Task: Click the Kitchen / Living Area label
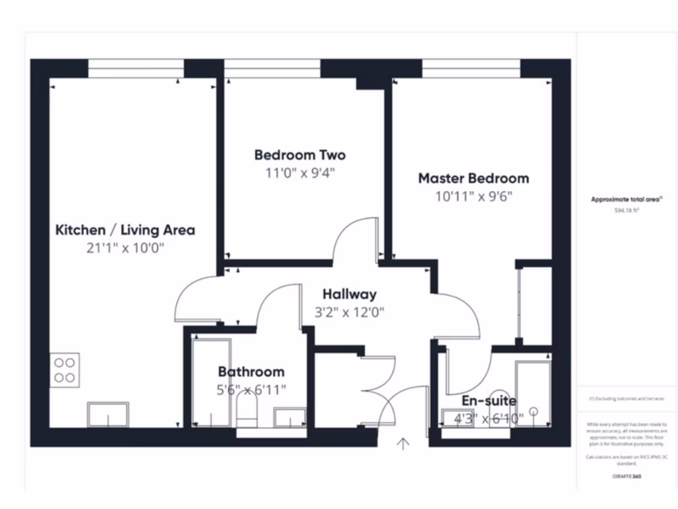(124, 230)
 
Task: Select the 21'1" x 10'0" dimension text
(124, 249)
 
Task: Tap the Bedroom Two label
(300, 155)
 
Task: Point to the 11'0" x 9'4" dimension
(300, 174)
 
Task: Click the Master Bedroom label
(473, 178)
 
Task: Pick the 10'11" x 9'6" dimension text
(473, 196)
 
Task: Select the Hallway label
(350, 294)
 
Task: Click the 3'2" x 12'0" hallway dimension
(350, 311)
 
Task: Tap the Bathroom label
(251, 372)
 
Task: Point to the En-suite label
(489, 400)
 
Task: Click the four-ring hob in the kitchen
(65, 370)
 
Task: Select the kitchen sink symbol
(108, 414)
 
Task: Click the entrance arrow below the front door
(403, 443)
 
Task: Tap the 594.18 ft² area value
(626, 210)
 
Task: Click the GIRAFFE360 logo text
(626, 476)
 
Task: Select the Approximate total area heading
(626, 199)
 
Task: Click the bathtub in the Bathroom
(211, 383)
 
